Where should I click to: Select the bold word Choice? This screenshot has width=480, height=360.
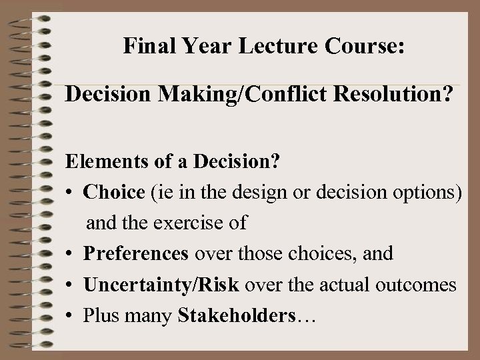coord(114,193)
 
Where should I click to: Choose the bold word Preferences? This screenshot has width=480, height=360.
coord(137,254)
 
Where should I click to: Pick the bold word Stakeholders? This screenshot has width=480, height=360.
coord(237,315)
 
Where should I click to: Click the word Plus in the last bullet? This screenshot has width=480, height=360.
coord(99,315)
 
